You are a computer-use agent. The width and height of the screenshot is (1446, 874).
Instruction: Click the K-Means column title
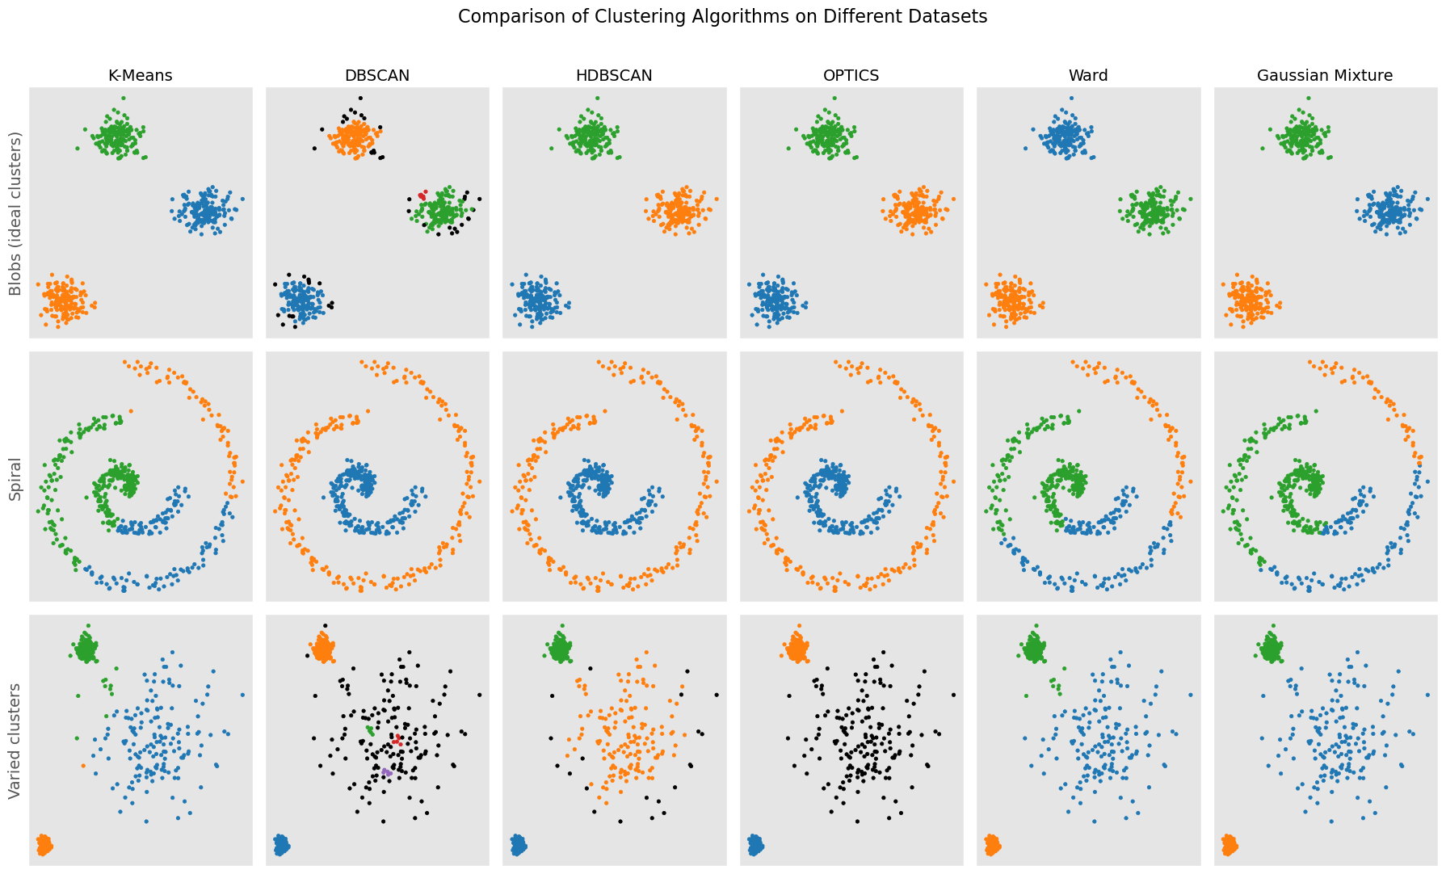[141, 76]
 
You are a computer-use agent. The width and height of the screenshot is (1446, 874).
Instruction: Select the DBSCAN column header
[377, 76]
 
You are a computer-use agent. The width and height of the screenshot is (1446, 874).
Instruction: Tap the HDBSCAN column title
[614, 76]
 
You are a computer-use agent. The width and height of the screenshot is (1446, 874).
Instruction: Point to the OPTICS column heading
[851, 76]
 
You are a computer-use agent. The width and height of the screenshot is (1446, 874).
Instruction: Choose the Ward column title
[1088, 76]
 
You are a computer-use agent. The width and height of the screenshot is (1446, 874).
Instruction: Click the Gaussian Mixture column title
[1325, 76]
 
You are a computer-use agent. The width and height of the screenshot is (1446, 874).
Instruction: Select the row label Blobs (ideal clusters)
[15, 213]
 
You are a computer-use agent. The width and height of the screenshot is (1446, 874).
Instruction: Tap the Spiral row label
[15, 477]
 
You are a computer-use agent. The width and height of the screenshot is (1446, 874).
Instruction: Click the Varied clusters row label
[15, 741]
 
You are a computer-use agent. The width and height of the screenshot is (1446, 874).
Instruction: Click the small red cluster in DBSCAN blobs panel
[422, 195]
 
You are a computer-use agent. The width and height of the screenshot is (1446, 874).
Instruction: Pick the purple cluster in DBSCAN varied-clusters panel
[387, 773]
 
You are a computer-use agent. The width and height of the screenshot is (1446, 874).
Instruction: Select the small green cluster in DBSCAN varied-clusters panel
[369, 729]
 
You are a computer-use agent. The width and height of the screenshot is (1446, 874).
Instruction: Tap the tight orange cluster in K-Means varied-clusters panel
[44, 846]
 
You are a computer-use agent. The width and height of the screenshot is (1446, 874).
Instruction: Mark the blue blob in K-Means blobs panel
[206, 212]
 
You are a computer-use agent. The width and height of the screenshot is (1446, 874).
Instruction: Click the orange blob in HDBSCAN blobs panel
[679, 212]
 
